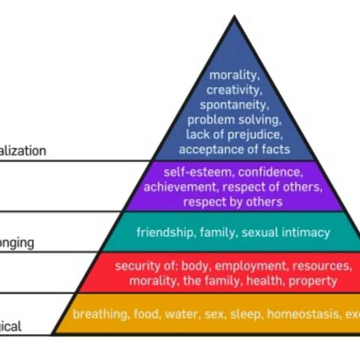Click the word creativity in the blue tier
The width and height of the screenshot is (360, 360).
(x=233, y=90)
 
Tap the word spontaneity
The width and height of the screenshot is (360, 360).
(x=233, y=105)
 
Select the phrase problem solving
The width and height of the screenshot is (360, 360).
(x=234, y=120)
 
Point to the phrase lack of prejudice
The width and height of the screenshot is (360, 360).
(x=233, y=135)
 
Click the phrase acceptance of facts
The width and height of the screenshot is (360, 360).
(x=234, y=150)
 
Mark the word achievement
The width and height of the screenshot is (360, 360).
(x=177, y=187)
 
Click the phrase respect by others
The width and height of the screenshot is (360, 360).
(x=233, y=202)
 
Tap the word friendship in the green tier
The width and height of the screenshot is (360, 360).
(x=165, y=233)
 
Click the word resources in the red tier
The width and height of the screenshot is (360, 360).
(x=321, y=267)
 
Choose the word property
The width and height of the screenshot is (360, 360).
(x=318, y=281)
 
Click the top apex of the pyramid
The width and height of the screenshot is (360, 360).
(x=234, y=17)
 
